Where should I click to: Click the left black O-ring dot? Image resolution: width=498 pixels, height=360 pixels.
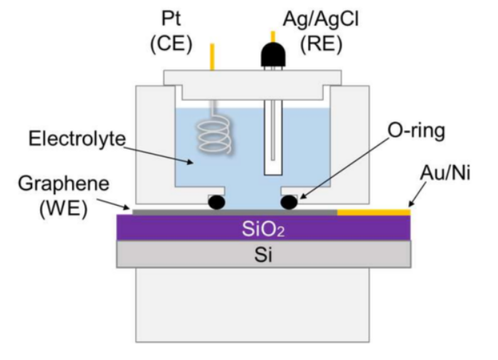point(216,202)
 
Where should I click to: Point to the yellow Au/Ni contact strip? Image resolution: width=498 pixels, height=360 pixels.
point(373,211)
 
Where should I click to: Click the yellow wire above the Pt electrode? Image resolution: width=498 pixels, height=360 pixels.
point(211,56)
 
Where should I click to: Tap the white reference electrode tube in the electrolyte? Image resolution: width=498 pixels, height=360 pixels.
point(272,142)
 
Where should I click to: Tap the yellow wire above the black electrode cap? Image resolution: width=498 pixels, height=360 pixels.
point(272,36)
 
